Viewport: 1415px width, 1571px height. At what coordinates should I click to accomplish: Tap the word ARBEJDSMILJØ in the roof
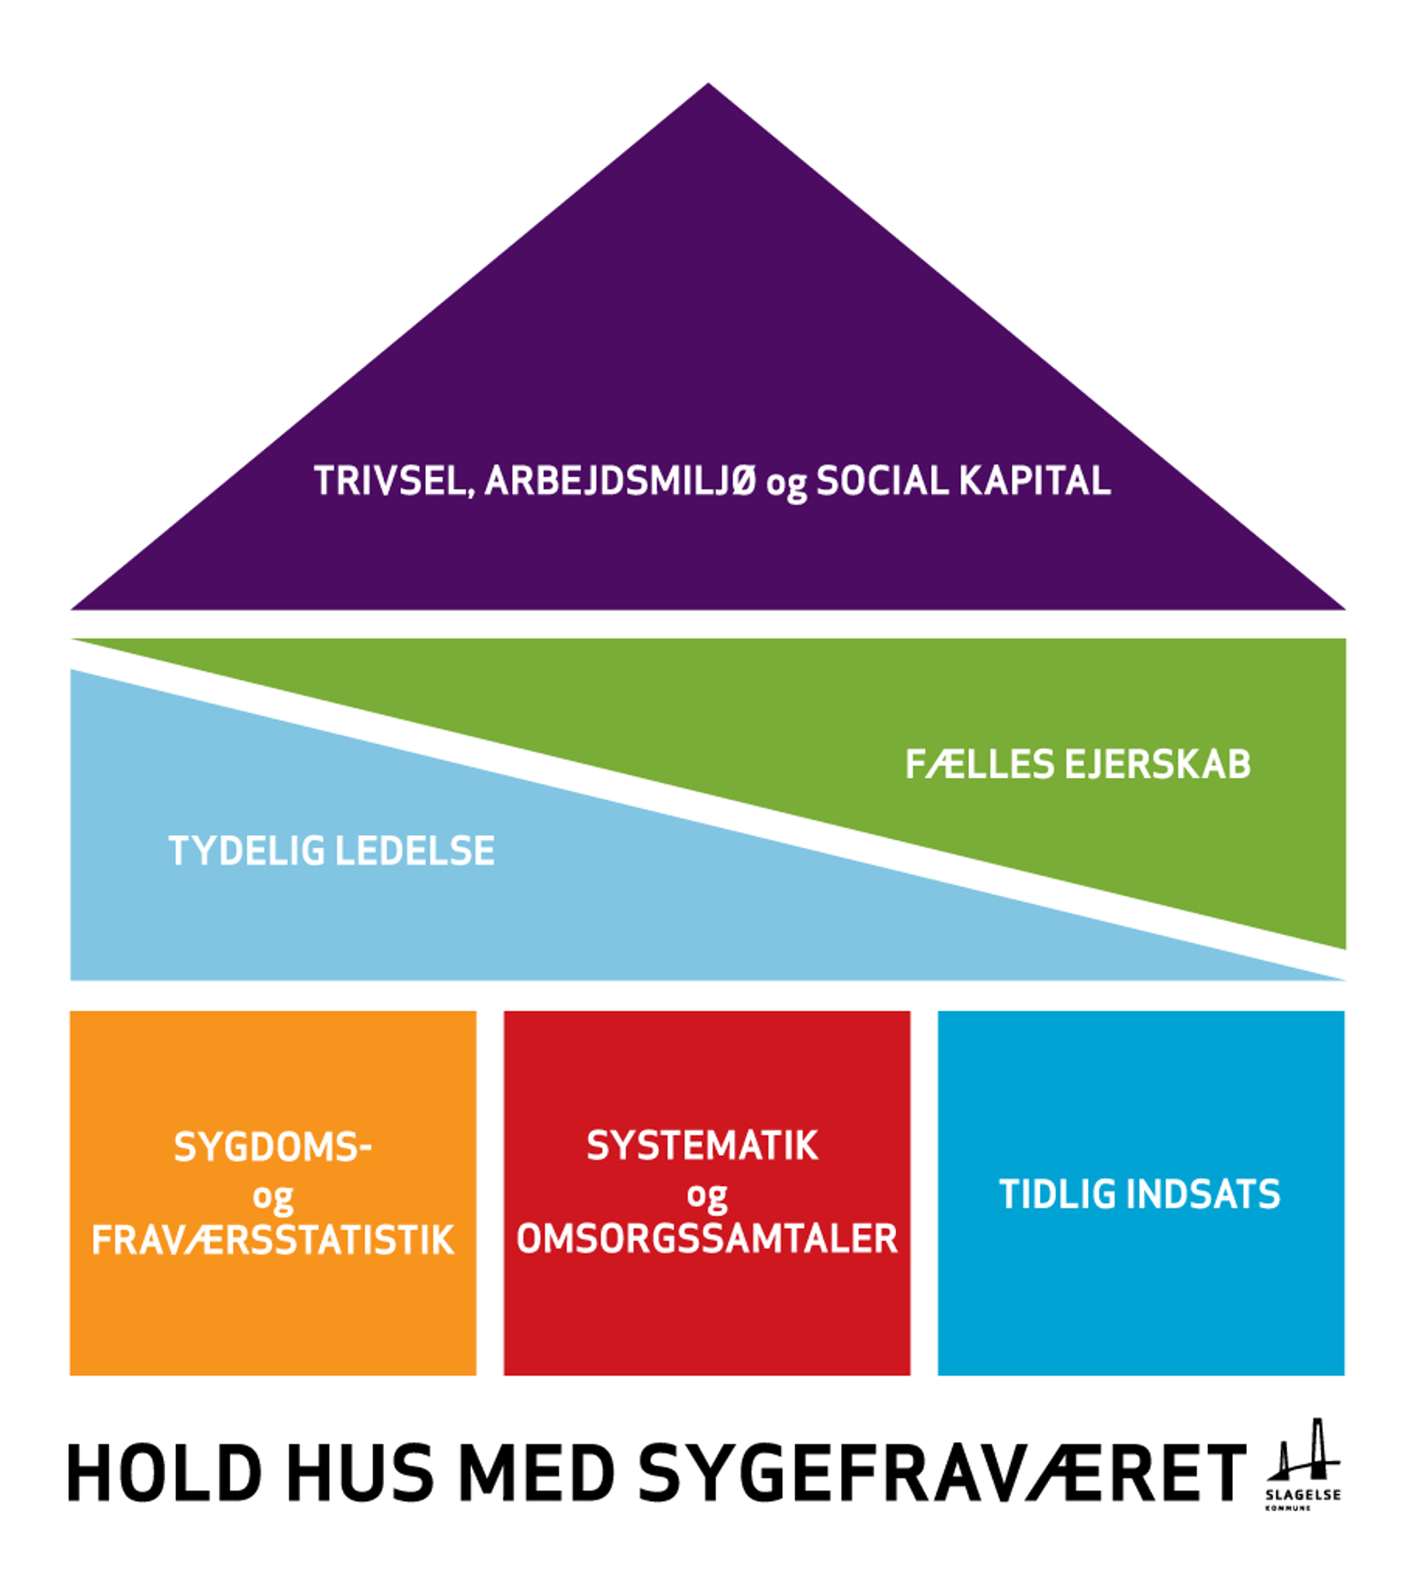(x=621, y=481)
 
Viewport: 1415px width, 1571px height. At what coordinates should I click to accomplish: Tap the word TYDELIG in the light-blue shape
(x=246, y=851)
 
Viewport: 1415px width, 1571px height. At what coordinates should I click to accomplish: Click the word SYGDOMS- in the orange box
(x=272, y=1147)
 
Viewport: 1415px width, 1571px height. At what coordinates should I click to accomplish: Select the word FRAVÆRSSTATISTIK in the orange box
(x=272, y=1240)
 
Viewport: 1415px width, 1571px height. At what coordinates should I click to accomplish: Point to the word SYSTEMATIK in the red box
(x=702, y=1146)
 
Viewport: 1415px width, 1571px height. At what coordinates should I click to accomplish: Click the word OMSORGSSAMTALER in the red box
(x=707, y=1238)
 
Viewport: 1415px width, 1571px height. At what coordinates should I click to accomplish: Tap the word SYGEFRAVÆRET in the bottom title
(x=942, y=1473)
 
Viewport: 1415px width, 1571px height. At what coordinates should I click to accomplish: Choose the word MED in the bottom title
(x=535, y=1473)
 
